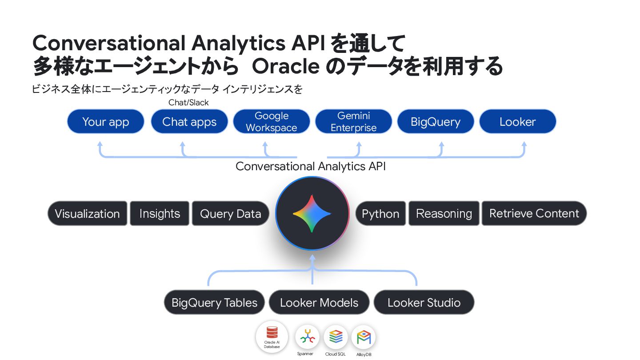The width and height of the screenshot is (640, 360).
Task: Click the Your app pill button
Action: pyautogui.click(x=106, y=121)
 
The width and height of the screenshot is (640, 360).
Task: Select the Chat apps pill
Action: pyautogui.click(x=189, y=121)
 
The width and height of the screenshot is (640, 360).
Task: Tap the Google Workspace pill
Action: pyautogui.click(x=271, y=121)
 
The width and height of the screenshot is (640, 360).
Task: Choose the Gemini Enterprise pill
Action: pyautogui.click(x=353, y=121)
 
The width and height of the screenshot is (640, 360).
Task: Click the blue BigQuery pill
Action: pyautogui.click(x=436, y=121)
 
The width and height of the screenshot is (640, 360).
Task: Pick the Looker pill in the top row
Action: pyautogui.click(x=517, y=121)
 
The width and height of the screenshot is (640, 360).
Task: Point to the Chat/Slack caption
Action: pyautogui.click(x=188, y=103)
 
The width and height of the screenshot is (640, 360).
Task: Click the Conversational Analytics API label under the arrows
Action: pyautogui.click(x=311, y=166)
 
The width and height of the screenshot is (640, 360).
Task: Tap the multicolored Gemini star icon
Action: pyautogui.click(x=312, y=213)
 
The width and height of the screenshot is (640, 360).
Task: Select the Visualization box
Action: pyautogui.click(x=87, y=213)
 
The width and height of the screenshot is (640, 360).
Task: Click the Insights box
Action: pyautogui.click(x=160, y=213)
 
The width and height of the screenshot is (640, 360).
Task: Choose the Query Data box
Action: pyautogui.click(x=230, y=213)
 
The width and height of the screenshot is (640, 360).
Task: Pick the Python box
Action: pyautogui.click(x=380, y=213)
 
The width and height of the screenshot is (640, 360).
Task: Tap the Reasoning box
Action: pyautogui.click(x=444, y=213)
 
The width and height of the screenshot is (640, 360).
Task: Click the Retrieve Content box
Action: pyautogui.click(x=534, y=213)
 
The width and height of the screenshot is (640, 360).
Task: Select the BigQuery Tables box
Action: pyautogui.click(x=214, y=303)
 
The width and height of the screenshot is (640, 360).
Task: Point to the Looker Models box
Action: pyautogui.click(x=319, y=303)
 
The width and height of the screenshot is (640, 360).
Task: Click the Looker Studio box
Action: pyautogui.click(x=424, y=303)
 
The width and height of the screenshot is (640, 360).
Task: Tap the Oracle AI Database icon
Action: pyautogui.click(x=272, y=336)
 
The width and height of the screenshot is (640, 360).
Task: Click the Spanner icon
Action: pyautogui.click(x=307, y=337)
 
